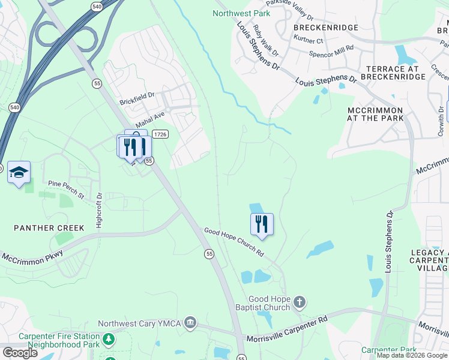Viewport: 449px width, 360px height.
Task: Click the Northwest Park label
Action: (242, 13)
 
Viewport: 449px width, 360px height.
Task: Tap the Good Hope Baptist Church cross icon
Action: (300, 301)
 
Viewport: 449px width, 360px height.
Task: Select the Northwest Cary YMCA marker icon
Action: (190, 323)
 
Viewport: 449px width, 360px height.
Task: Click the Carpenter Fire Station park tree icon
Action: (109, 340)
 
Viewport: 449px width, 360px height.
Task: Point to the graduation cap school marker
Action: (19, 173)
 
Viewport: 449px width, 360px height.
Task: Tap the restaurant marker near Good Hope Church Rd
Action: (262, 224)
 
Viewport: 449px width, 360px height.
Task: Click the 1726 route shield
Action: (160, 134)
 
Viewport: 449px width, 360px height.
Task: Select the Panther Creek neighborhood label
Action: (42, 228)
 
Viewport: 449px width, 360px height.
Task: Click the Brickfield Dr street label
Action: (137, 95)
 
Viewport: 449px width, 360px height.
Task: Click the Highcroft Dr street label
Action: (100, 209)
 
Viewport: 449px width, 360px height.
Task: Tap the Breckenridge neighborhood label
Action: (326, 28)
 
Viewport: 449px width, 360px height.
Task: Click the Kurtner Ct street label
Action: (309, 40)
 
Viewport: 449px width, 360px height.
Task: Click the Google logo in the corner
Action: (20, 353)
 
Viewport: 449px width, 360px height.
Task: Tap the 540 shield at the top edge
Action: (97, 6)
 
